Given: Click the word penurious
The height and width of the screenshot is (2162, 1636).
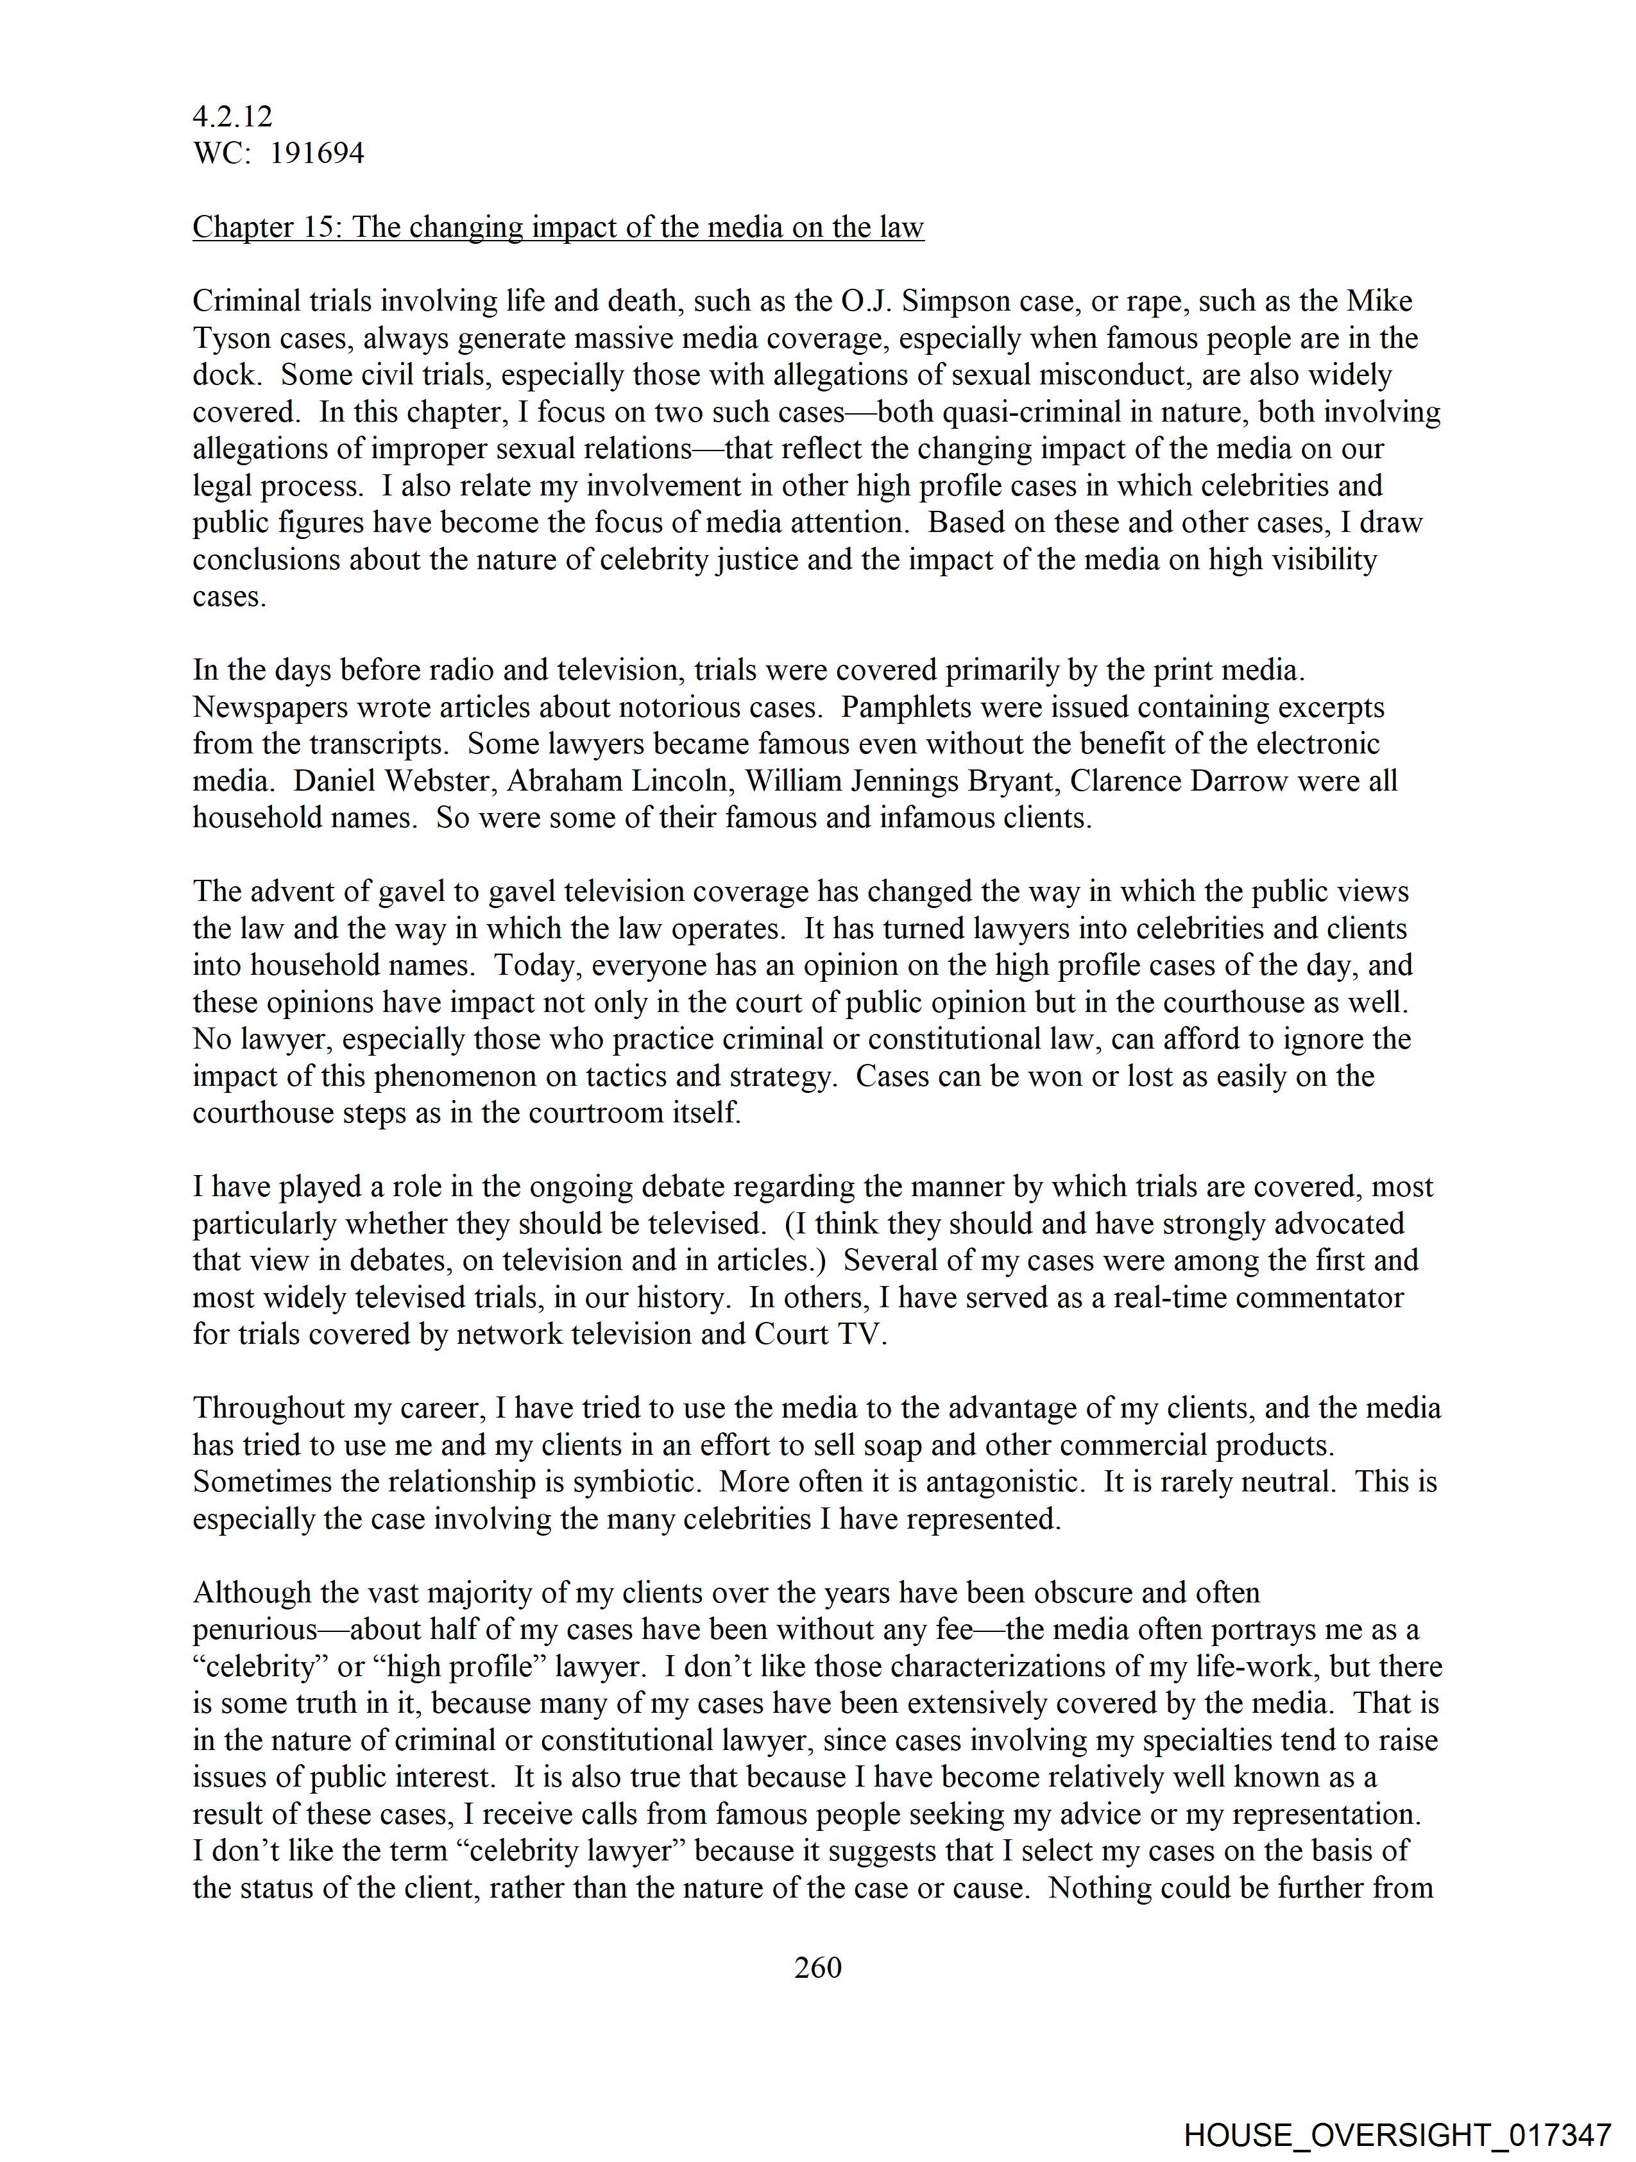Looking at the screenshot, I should click(255, 1629).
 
